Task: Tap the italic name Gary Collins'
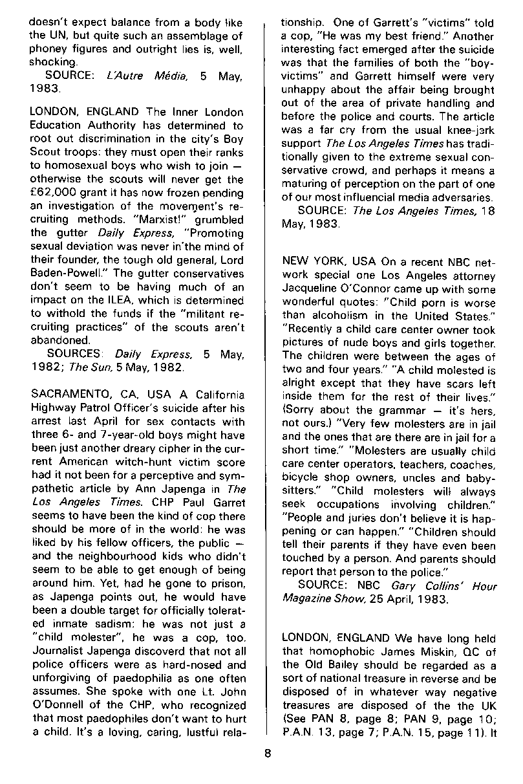(x=423, y=586)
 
